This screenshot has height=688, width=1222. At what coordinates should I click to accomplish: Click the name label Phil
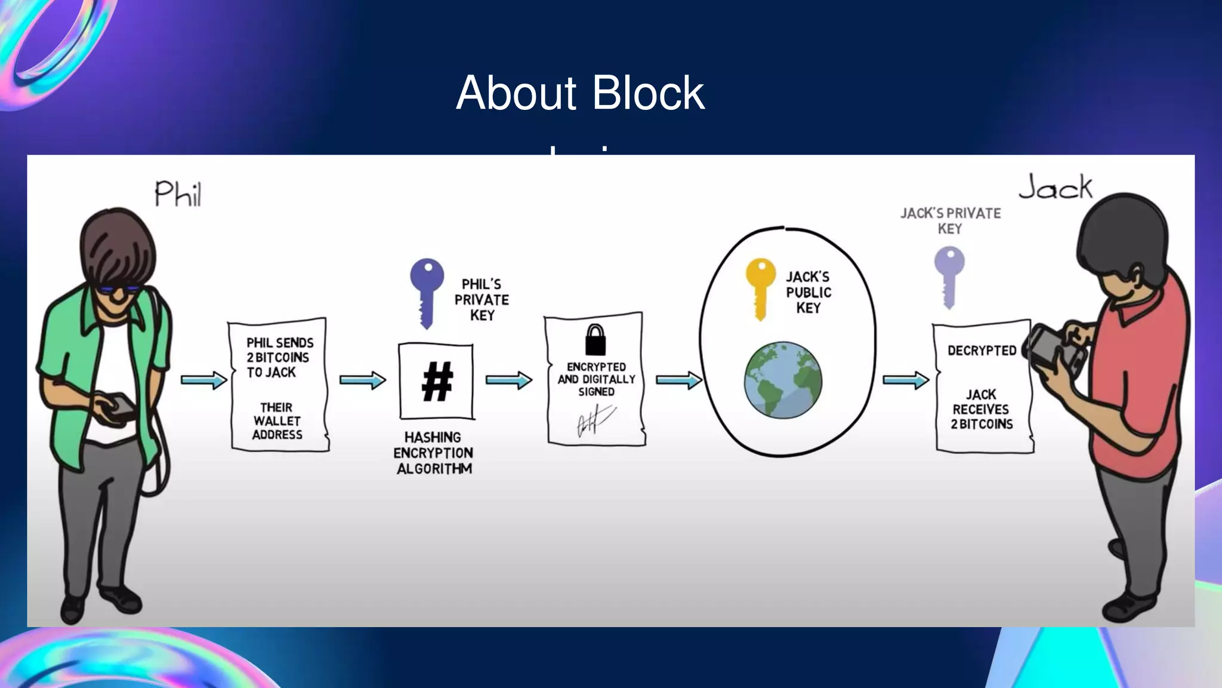click(178, 194)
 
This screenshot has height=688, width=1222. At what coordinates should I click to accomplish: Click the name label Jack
click(1055, 188)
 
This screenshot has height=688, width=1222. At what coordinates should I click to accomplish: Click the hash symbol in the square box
click(437, 382)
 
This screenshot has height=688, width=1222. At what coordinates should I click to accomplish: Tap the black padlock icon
click(595, 340)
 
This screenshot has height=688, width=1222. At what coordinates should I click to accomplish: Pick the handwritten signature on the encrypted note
click(594, 420)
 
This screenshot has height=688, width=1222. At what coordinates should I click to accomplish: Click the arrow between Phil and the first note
click(203, 380)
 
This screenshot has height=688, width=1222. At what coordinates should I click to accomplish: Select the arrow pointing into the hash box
click(362, 380)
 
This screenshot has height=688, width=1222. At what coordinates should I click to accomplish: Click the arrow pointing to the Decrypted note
click(905, 380)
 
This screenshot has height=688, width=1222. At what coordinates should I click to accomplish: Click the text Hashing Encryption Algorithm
click(434, 453)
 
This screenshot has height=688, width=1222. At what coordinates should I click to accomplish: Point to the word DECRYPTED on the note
click(982, 351)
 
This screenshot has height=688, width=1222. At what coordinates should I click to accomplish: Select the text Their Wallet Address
click(277, 420)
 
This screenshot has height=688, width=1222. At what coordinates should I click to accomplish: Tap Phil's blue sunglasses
click(119, 290)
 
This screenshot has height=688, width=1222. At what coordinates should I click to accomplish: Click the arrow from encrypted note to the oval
click(678, 380)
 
